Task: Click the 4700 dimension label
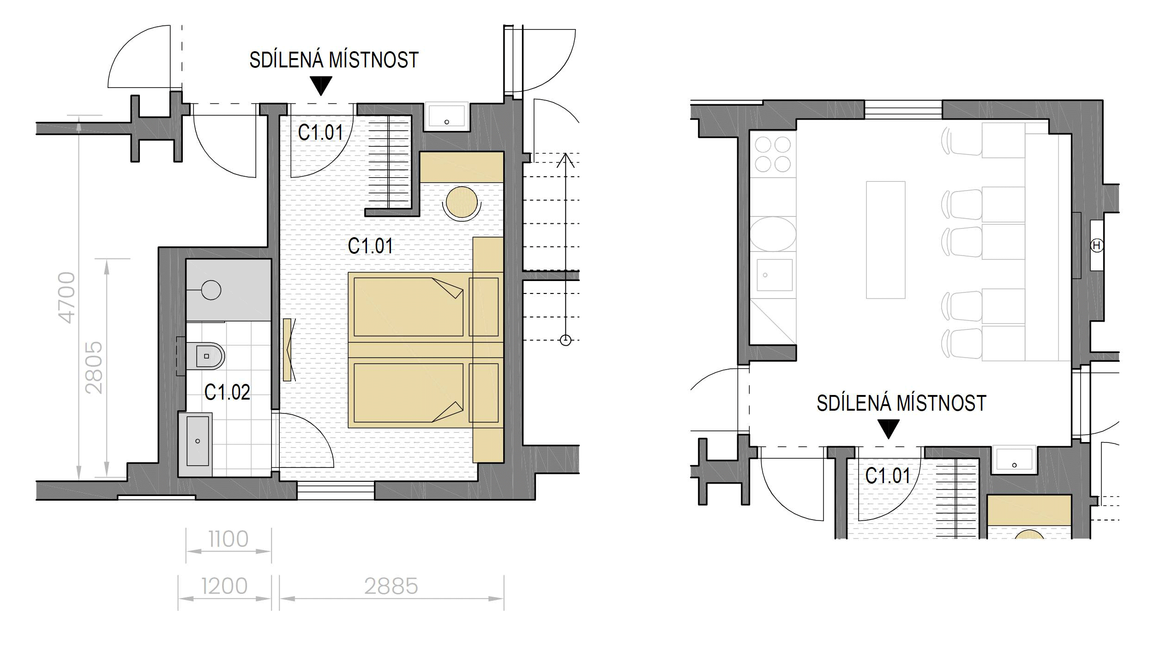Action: (x=67, y=298)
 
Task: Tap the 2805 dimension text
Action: (x=95, y=368)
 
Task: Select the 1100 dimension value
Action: (x=228, y=539)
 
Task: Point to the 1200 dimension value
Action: (x=225, y=586)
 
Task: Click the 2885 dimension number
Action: (x=391, y=586)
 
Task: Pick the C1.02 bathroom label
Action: (x=227, y=392)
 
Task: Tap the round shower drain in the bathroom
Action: (x=211, y=290)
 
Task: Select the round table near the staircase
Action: (x=462, y=202)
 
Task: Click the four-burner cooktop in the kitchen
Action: (x=773, y=155)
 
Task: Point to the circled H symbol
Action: (x=1097, y=246)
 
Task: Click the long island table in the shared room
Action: (x=885, y=240)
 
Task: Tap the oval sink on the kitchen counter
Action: (x=773, y=234)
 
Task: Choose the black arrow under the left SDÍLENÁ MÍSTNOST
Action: (x=321, y=85)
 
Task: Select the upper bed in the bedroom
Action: (x=425, y=307)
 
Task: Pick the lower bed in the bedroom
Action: (x=425, y=393)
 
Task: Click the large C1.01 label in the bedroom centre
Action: (x=370, y=246)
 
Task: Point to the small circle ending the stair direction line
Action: (x=565, y=341)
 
